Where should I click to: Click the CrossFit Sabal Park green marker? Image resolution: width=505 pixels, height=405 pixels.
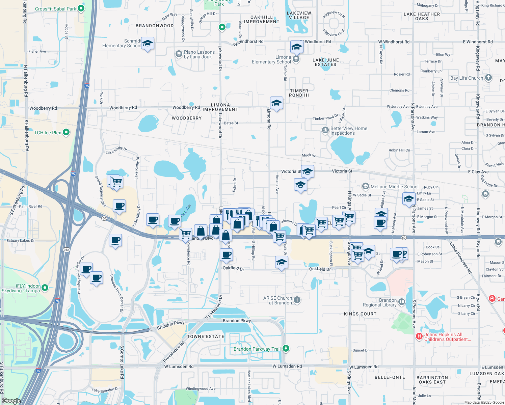click(x=81, y=8)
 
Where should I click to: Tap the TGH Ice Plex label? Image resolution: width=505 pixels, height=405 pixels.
click(x=48, y=133)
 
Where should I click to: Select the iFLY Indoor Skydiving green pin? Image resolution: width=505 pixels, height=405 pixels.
click(x=45, y=288)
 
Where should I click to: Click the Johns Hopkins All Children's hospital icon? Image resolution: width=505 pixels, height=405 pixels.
click(x=419, y=336)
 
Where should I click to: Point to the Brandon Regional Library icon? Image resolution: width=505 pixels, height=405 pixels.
click(x=402, y=302)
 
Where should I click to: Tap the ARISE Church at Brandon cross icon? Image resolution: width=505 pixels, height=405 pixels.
click(x=297, y=300)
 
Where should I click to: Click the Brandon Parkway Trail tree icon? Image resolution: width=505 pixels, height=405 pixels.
click(x=286, y=348)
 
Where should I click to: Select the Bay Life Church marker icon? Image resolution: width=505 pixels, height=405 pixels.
click(x=488, y=78)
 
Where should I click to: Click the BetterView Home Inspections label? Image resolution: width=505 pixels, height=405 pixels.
click(x=349, y=131)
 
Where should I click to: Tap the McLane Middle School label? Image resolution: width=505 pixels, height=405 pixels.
click(x=394, y=187)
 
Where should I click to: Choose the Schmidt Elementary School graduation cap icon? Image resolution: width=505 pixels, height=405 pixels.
click(x=148, y=44)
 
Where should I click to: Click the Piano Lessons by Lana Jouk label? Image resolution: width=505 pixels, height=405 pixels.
click(x=199, y=54)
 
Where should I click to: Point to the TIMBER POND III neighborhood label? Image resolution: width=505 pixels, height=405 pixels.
click(x=299, y=93)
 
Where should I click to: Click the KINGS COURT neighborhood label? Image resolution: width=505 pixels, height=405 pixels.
click(x=360, y=314)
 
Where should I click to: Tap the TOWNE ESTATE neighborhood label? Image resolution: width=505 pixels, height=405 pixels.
click(x=206, y=336)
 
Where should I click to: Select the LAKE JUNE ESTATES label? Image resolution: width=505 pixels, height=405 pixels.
click(x=325, y=62)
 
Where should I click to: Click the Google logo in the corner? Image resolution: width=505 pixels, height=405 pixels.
click(x=11, y=401)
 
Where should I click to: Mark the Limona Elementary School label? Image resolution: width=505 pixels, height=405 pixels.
click(x=271, y=59)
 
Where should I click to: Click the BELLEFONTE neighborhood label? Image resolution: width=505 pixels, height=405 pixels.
click(x=390, y=377)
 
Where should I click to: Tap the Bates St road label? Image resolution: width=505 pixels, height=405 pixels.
click(x=231, y=123)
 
